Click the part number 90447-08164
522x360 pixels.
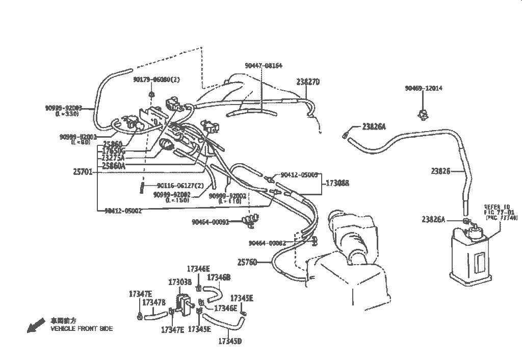pos(263,66)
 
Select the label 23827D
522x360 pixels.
pos(308,82)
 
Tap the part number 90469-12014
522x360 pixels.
pos(424,88)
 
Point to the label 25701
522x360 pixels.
pos(83,172)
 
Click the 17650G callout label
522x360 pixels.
pos(114,151)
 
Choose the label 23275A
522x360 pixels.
pos(114,158)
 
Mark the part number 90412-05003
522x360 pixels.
pos(300,175)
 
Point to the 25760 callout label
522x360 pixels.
pos(247,262)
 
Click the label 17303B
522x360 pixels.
pos(179,282)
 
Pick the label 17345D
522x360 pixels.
pos(230,341)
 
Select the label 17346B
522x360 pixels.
pos(219,277)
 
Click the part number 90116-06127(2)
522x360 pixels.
pos(180,186)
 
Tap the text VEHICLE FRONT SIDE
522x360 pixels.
pos(82,329)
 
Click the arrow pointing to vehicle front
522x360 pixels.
pos(35,325)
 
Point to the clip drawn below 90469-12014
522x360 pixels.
pos(423,113)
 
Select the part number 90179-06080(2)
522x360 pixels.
pos(156,79)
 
